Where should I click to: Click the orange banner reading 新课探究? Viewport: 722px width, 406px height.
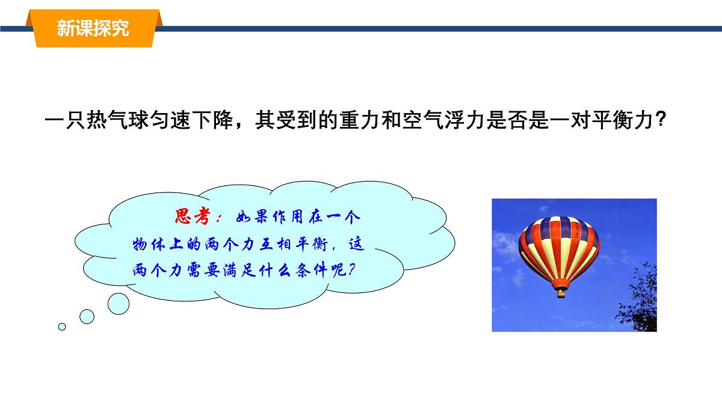93,28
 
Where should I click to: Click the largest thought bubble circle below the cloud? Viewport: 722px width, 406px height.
118,302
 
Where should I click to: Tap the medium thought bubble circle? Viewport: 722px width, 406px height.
87,316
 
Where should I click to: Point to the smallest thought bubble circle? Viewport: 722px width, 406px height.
62,327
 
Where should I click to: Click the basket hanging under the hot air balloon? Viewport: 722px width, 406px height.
561,294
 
